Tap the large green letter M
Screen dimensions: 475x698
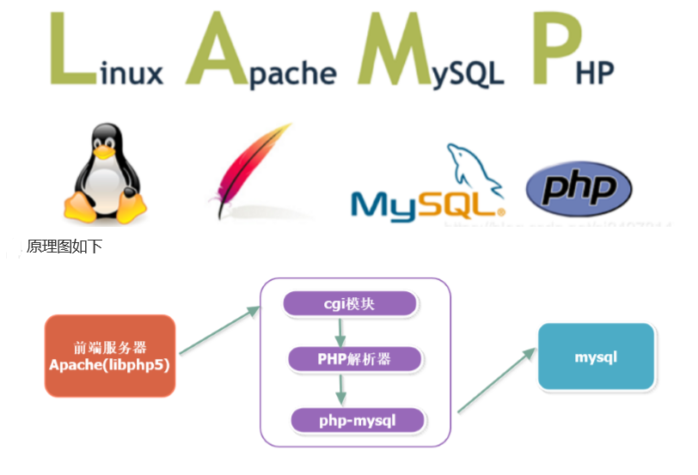[x=395, y=52]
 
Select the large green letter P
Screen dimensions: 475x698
[x=550, y=52]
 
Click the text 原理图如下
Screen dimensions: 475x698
[x=64, y=247]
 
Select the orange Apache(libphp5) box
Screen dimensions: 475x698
[x=110, y=356]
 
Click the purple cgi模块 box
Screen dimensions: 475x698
[x=351, y=304]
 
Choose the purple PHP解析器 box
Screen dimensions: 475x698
[x=355, y=359]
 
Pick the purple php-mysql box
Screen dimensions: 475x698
[x=358, y=420]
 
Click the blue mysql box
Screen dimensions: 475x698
[x=596, y=356]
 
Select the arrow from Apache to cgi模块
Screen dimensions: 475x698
[x=219, y=329]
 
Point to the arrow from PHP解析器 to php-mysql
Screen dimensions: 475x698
[x=341, y=389]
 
